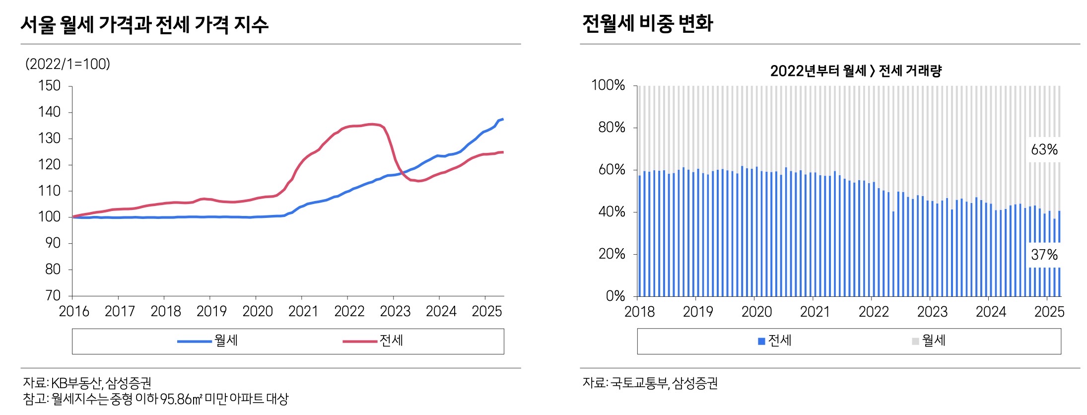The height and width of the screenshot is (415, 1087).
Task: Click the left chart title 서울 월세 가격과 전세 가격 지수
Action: [x=144, y=24]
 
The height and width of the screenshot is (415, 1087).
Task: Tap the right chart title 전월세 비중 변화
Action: [x=647, y=23]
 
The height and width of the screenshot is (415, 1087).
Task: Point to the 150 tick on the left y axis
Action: [x=50, y=86]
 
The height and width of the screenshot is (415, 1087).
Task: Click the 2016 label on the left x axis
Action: [x=74, y=312]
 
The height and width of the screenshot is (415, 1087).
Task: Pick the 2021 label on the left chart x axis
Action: [x=303, y=312]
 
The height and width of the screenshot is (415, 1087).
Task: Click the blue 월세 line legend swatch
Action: [x=194, y=342]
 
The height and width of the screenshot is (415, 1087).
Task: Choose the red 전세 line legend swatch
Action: [x=359, y=342]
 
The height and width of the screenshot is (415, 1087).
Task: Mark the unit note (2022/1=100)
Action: [x=68, y=64]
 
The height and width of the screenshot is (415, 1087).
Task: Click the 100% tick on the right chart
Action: [x=608, y=85]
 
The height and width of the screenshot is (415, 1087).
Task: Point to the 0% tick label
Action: [x=615, y=296]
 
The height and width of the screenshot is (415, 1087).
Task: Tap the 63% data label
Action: [x=1044, y=149]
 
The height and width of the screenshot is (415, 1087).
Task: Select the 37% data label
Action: [x=1044, y=255]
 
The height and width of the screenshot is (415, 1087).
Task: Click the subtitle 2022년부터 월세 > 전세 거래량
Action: [x=856, y=71]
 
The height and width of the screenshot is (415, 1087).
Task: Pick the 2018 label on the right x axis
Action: [x=639, y=312]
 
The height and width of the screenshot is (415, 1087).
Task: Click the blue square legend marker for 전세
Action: [x=761, y=342]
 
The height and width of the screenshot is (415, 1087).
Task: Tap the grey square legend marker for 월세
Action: [x=915, y=342]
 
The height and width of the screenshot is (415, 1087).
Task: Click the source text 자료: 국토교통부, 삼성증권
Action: [x=650, y=383]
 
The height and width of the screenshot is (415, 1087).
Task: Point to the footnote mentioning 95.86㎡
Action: [x=155, y=399]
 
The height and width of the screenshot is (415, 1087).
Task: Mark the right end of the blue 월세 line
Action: [x=503, y=119]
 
